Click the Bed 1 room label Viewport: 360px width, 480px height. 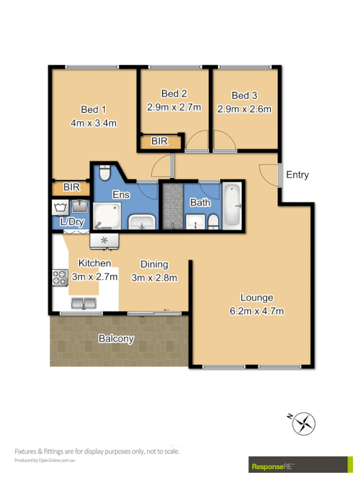coord(94,109)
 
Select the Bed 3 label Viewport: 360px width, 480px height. coord(244,95)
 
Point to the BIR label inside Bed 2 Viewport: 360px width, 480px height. coord(160,142)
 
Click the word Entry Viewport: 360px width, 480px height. coord(298,175)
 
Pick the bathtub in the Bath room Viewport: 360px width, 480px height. coord(232,206)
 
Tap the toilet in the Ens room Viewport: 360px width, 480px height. coord(105,173)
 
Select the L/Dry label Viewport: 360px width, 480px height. coord(72,223)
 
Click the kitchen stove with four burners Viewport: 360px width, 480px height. coord(60,278)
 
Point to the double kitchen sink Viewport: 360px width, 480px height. coord(83,303)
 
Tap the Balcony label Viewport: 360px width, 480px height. coord(116,339)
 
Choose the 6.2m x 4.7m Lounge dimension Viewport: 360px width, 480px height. coord(257,311)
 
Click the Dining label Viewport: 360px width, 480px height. coord(154,264)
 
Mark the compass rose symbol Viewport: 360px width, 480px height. coord(303,424)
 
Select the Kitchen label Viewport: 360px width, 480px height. coord(94,263)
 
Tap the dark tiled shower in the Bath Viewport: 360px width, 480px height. coord(172,206)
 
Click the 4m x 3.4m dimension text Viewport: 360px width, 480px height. coord(94,124)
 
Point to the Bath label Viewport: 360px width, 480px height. coord(200,203)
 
